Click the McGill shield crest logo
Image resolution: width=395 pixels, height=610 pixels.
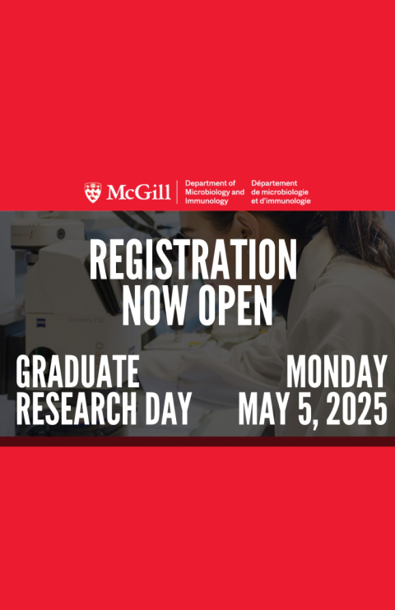[x=93, y=192]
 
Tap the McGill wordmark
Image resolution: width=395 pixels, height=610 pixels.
[x=139, y=192]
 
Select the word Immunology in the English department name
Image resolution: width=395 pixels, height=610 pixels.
[x=207, y=201]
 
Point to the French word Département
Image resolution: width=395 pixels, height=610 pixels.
[x=274, y=183]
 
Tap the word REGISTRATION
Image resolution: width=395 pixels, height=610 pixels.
[x=193, y=260]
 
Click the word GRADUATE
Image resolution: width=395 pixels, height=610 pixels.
[x=77, y=371]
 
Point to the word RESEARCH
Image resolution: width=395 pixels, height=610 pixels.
[x=77, y=408]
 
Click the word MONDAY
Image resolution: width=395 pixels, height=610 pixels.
[x=337, y=371]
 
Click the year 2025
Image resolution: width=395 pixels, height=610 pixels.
[x=356, y=408]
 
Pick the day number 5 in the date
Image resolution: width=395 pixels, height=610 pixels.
[x=306, y=408]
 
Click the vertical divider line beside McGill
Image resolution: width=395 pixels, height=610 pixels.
[x=177, y=192]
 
